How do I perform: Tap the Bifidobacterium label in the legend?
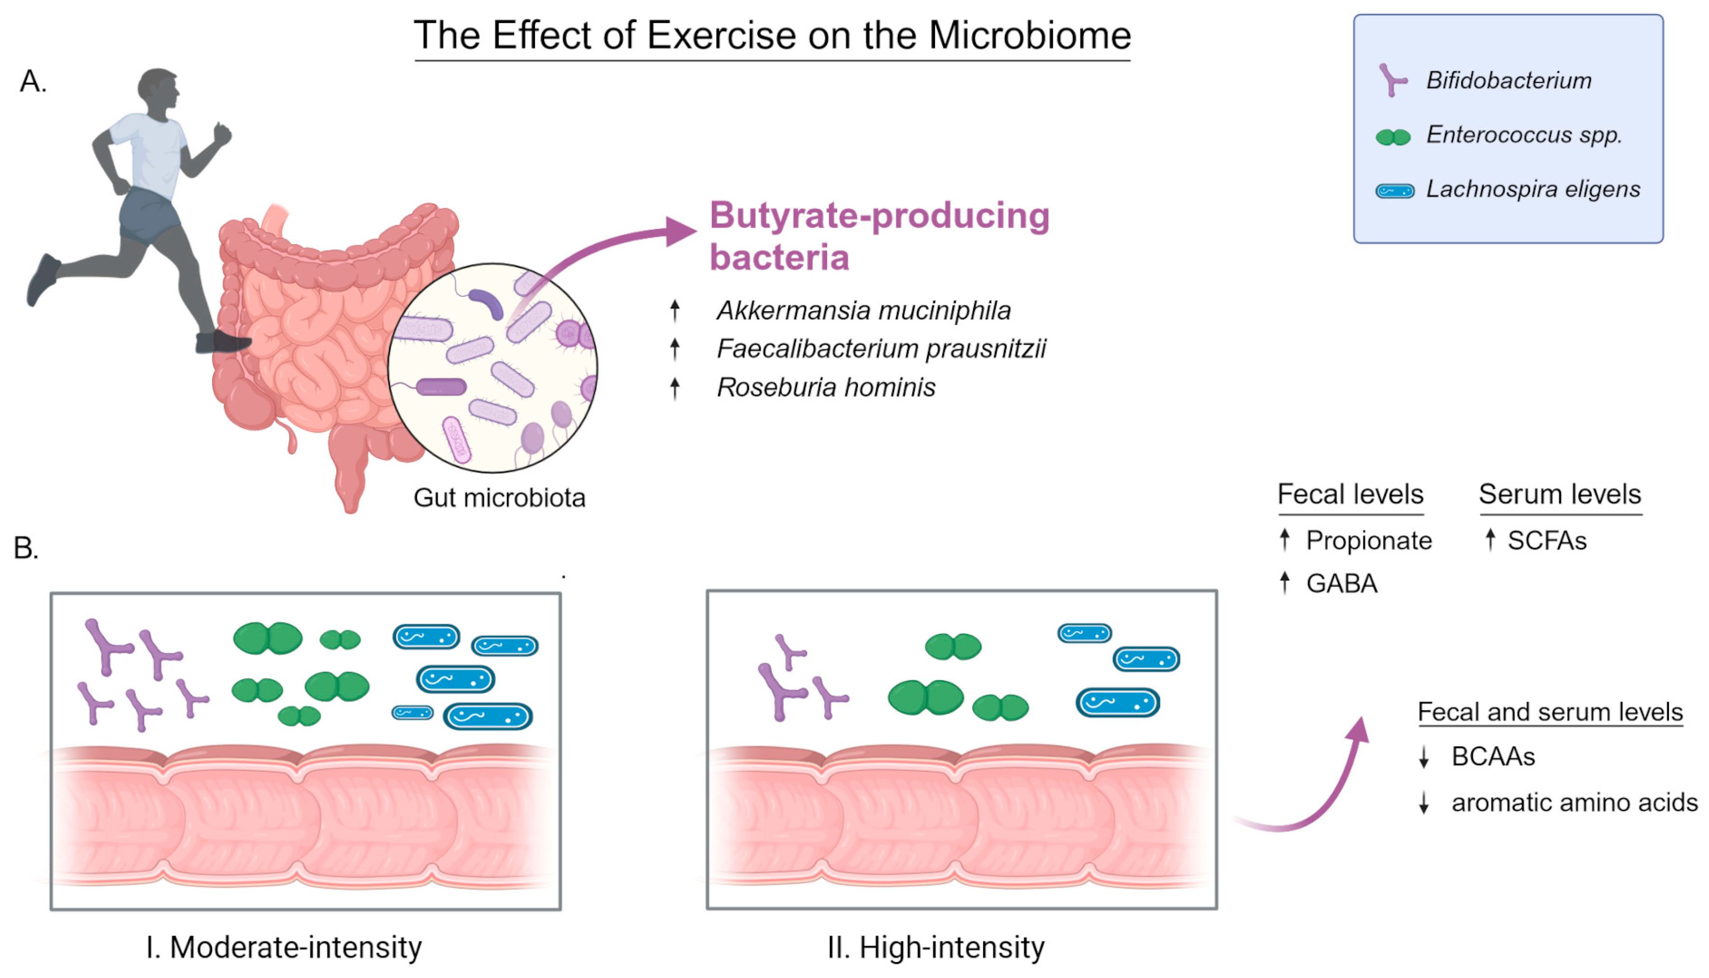click(x=1508, y=80)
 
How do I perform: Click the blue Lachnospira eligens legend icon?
click(x=1395, y=191)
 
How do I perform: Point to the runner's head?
click(x=159, y=87)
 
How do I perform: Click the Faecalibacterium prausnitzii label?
click(x=881, y=349)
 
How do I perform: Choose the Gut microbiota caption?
click(x=499, y=498)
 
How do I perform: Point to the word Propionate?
click(x=1368, y=541)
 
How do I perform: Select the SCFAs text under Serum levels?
click(x=1547, y=541)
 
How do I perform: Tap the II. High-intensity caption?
click(x=936, y=947)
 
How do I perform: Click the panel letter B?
click(x=26, y=548)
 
